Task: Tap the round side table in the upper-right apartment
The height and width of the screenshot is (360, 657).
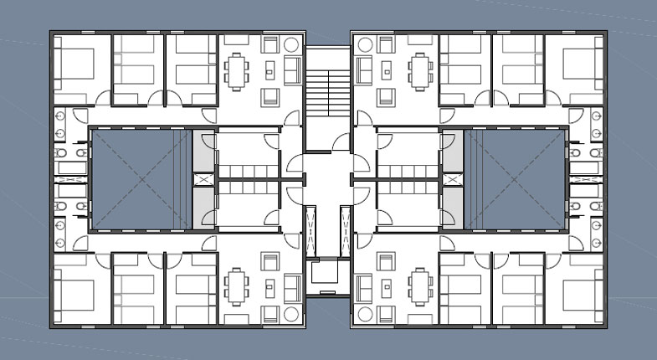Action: tap(364, 44)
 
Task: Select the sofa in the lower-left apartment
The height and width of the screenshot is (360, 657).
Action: tap(291, 287)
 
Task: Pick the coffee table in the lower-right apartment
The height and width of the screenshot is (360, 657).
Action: tap(387, 287)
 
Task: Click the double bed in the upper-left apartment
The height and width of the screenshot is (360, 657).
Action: tap(74, 62)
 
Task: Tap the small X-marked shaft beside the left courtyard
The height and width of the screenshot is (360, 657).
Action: tap(203, 179)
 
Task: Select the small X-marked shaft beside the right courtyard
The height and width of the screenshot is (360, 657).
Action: tap(453, 179)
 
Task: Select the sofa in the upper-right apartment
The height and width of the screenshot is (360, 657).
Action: tap(365, 69)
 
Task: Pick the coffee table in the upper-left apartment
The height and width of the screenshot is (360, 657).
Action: tap(270, 69)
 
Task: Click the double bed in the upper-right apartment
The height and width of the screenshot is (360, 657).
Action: tap(581, 63)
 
